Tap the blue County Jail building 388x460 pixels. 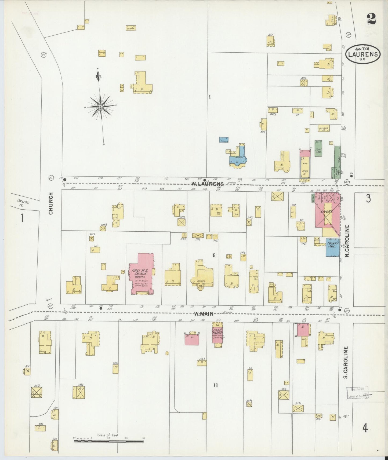tap(332, 247)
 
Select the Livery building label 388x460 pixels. tap(327, 212)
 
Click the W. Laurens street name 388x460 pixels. tap(207, 184)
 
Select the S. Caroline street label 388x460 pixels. tap(346, 363)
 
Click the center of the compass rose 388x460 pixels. tap(100, 107)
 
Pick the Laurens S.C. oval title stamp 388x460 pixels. tap(363, 54)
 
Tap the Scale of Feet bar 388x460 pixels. tap(108, 441)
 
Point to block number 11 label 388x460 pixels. tap(215, 385)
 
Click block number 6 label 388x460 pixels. tap(214, 255)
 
